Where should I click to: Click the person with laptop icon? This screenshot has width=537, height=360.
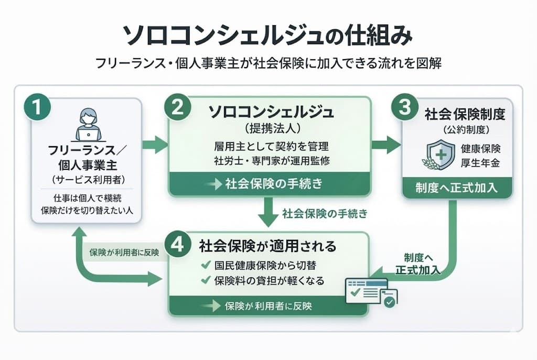pos(87,125)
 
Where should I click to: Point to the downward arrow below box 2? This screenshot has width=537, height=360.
pos(269,213)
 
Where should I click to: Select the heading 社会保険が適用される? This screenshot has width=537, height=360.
pos(267,245)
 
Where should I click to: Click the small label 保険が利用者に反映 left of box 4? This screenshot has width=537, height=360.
pos(123,252)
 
